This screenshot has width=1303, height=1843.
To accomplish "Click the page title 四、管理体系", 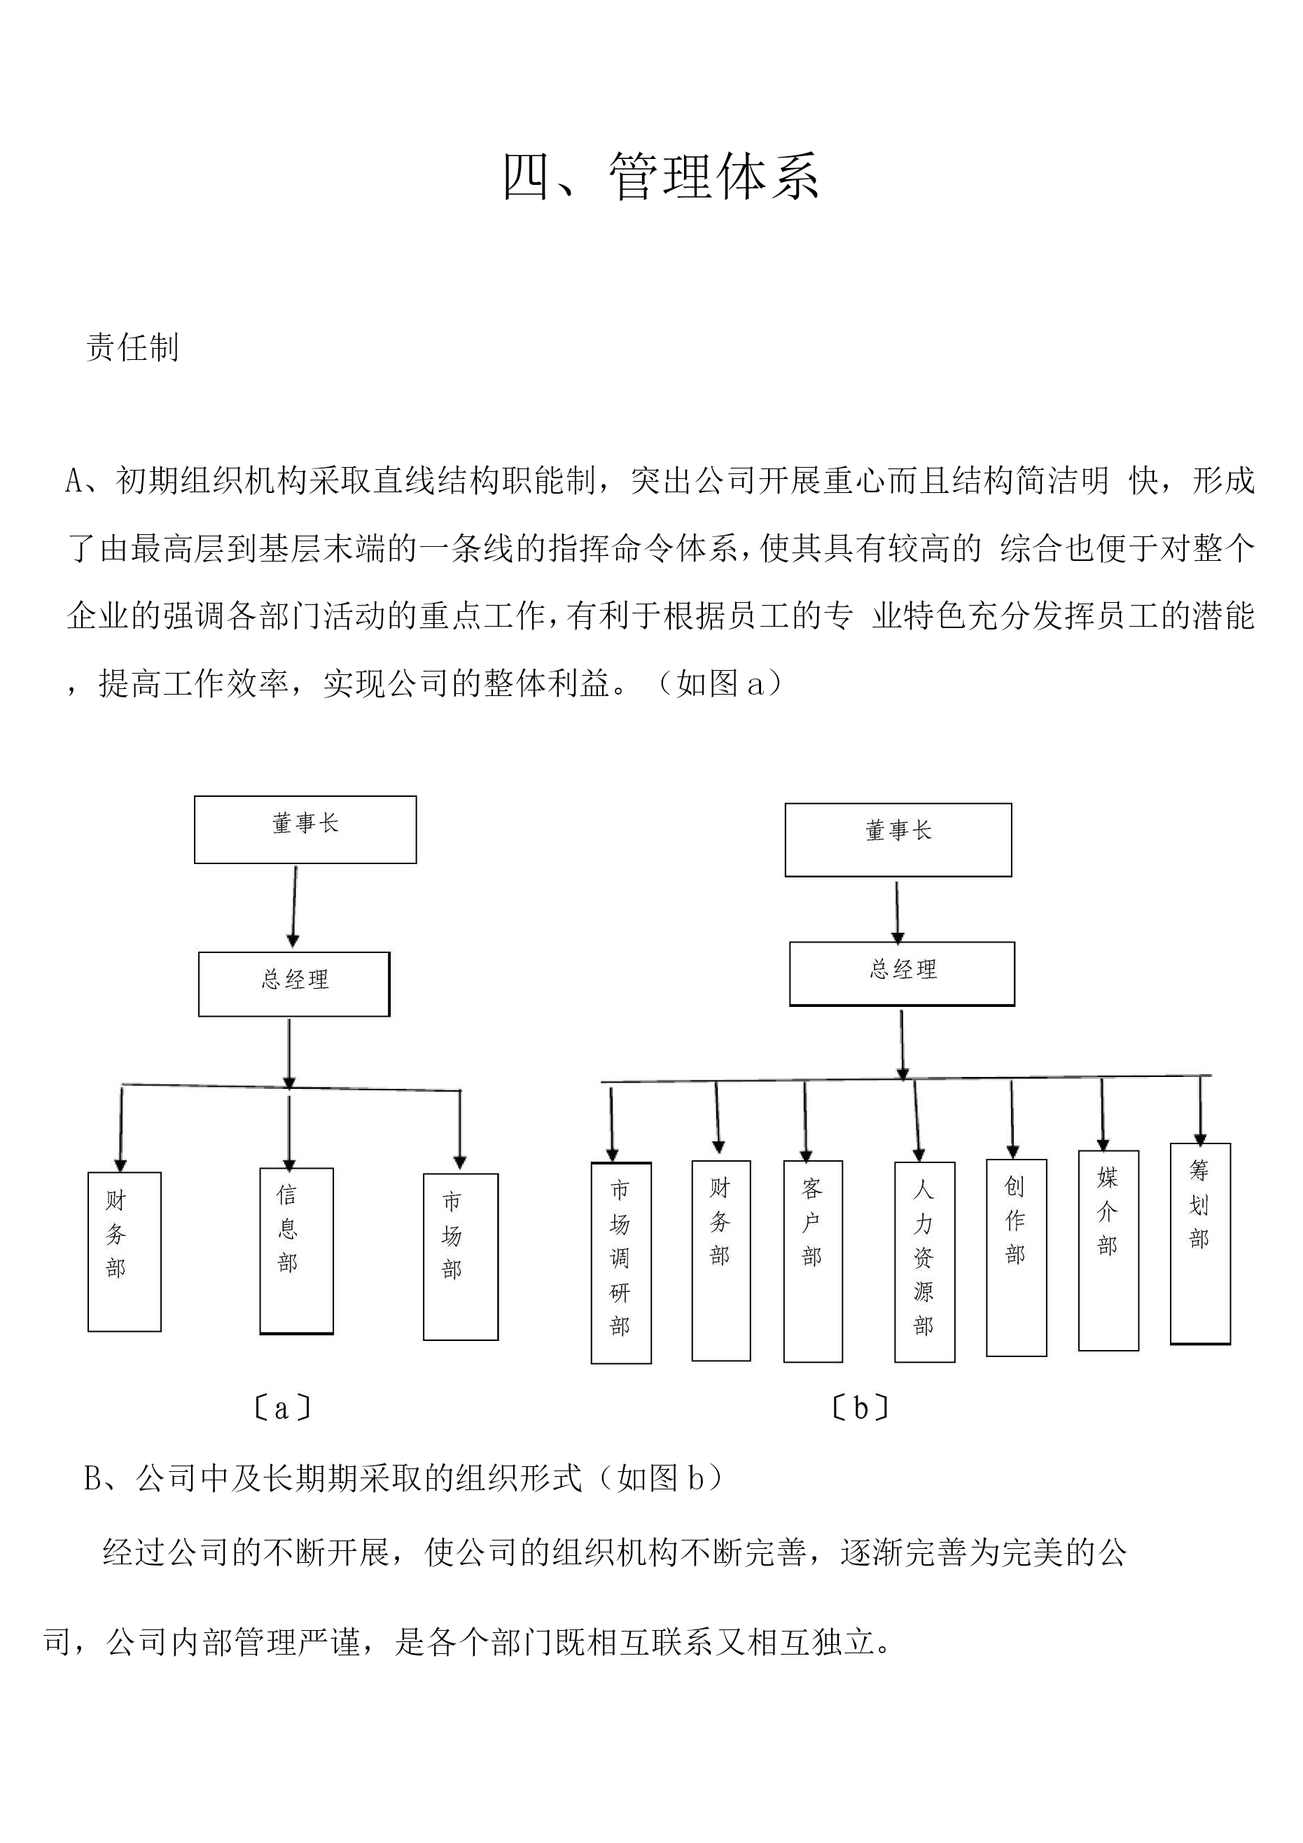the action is pyautogui.click(x=661, y=176).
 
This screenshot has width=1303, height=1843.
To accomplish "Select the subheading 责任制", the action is pyautogui.click(x=132, y=347).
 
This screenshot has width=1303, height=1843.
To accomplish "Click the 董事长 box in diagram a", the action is pyautogui.click(x=305, y=829).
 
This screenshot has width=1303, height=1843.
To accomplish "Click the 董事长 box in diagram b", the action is pyautogui.click(x=898, y=840).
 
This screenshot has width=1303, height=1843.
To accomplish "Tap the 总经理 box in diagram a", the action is pyautogui.click(x=294, y=984).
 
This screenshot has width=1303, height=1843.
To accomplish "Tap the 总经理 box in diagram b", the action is pyautogui.click(x=903, y=974).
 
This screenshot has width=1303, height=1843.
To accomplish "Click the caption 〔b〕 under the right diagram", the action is pyautogui.click(x=860, y=1408).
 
